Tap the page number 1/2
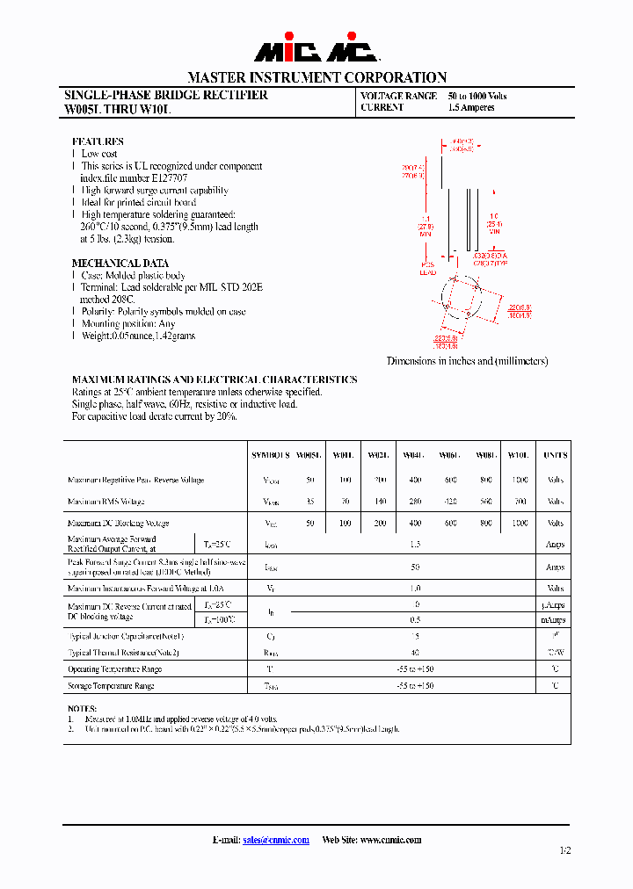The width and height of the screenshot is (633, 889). (564, 850)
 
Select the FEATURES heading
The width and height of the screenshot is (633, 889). (98, 141)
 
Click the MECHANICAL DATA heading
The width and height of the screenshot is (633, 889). (120, 263)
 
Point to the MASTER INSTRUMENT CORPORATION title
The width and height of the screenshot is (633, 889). (316, 77)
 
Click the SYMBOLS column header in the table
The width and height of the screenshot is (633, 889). (270, 456)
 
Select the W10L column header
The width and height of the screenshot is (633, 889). (519, 456)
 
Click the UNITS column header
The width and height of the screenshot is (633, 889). (555, 456)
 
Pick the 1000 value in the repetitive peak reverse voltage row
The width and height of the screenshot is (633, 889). (519, 481)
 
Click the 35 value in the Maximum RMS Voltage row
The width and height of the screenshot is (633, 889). (309, 502)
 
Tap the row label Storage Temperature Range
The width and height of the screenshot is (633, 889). (111, 685)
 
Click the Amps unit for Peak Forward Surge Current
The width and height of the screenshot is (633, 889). (555, 567)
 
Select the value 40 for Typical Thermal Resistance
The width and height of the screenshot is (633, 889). (415, 653)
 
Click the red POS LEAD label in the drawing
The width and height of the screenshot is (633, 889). (427, 269)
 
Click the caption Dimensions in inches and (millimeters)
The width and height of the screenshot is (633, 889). (468, 361)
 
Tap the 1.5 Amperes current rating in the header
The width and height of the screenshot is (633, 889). (471, 108)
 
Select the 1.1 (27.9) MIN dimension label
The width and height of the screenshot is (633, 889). (426, 225)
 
